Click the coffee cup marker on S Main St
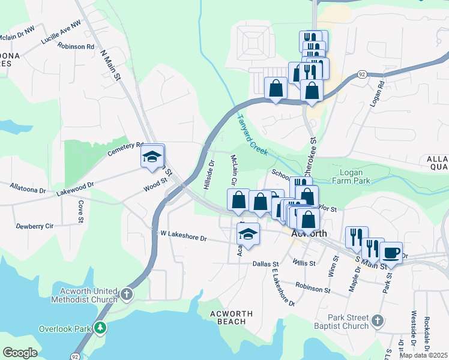(x=391, y=253)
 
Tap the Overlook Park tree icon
(x=103, y=328)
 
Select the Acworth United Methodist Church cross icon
(x=126, y=294)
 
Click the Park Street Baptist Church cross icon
(x=376, y=321)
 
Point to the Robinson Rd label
(x=76, y=46)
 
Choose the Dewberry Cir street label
(x=35, y=226)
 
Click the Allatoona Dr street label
(x=28, y=188)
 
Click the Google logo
(x=20, y=353)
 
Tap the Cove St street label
(x=80, y=211)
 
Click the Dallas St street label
(x=266, y=263)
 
